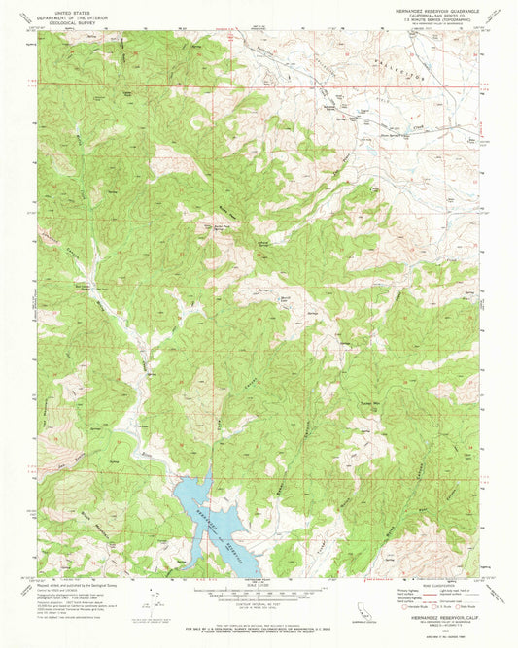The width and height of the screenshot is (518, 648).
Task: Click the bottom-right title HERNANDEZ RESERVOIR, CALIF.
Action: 428,623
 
